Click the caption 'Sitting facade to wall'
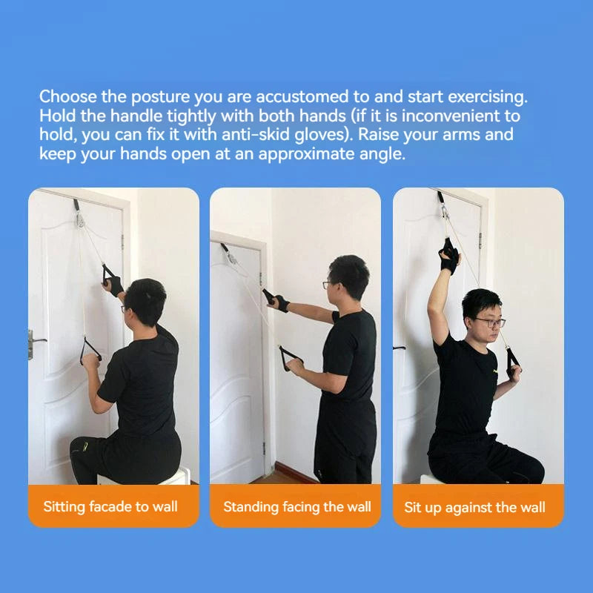[110, 507]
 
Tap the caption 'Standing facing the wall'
[296, 507]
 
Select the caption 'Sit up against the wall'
[474, 507]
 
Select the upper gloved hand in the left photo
[113, 282]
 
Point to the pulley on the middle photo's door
[230, 255]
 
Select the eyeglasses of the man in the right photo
[489, 322]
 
